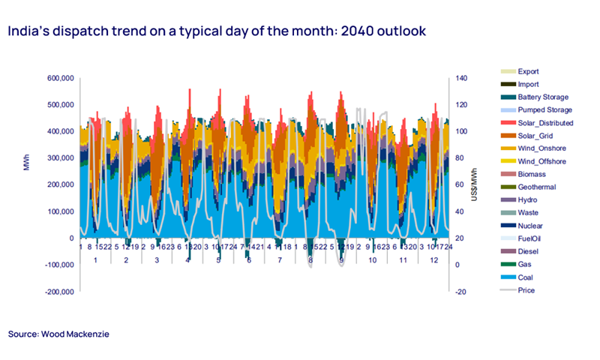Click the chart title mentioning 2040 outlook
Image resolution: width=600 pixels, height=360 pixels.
coord(217,32)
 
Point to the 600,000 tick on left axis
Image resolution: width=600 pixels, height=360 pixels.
coord(59,78)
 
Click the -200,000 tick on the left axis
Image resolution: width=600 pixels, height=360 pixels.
coord(58,291)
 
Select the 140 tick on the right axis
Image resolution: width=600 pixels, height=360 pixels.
coord(459,78)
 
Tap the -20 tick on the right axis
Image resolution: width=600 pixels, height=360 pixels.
coord(458,291)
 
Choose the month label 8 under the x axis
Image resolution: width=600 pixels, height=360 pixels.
coord(310,259)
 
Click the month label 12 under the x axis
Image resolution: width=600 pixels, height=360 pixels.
coord(433,259)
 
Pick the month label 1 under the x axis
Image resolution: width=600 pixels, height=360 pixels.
coord(95,259)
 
